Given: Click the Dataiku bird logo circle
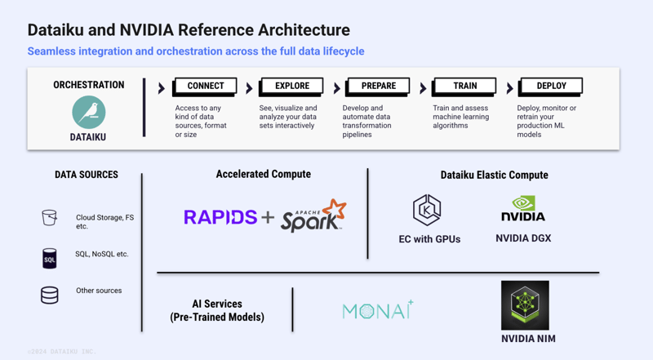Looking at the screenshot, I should [x=88, y=112].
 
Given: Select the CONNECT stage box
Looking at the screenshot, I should [x=205, y=86].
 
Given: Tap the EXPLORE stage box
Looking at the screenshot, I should [x=291, y=86].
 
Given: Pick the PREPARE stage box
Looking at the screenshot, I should [x=378, y=86].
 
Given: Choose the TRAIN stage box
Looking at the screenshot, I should [x=465, y=86].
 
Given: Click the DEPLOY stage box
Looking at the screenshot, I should [x=552, y=86].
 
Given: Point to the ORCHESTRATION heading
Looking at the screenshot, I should [x=88, y=85].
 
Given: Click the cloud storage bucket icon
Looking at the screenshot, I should [x=50, y=218].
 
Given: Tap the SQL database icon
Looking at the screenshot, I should [x=50, y=259].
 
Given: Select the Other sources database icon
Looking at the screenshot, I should [x=50, y=295].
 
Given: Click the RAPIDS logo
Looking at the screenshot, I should [x=220, y=217].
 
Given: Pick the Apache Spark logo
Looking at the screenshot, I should [x=314, y=216].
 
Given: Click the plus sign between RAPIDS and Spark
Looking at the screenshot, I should [x=268, y=217].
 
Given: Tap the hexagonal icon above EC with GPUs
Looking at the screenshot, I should [x=427, y=211].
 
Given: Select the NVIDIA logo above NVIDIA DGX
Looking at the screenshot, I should [x=522, y=209].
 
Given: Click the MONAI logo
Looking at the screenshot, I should [x=378, y=310].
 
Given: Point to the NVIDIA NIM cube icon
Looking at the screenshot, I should [x=524, y=304].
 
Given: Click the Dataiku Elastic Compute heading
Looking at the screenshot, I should [x=494, y=175].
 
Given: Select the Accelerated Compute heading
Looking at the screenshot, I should [x=263, y=174].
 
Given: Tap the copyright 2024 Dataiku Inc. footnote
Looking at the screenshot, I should [x=61, y=351].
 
